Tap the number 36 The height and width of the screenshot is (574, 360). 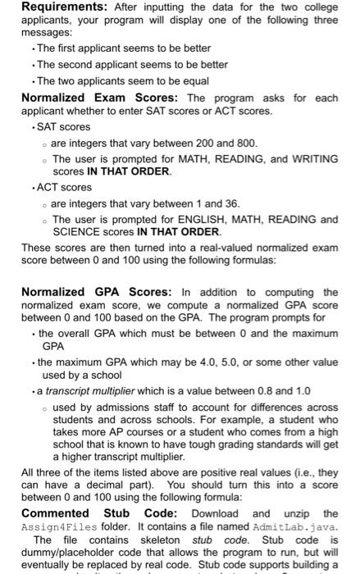(x=231, y=203)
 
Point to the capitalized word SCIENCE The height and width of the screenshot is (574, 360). (x=77, y=232)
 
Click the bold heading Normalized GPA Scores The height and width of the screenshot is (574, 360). (x=95, y=292)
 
